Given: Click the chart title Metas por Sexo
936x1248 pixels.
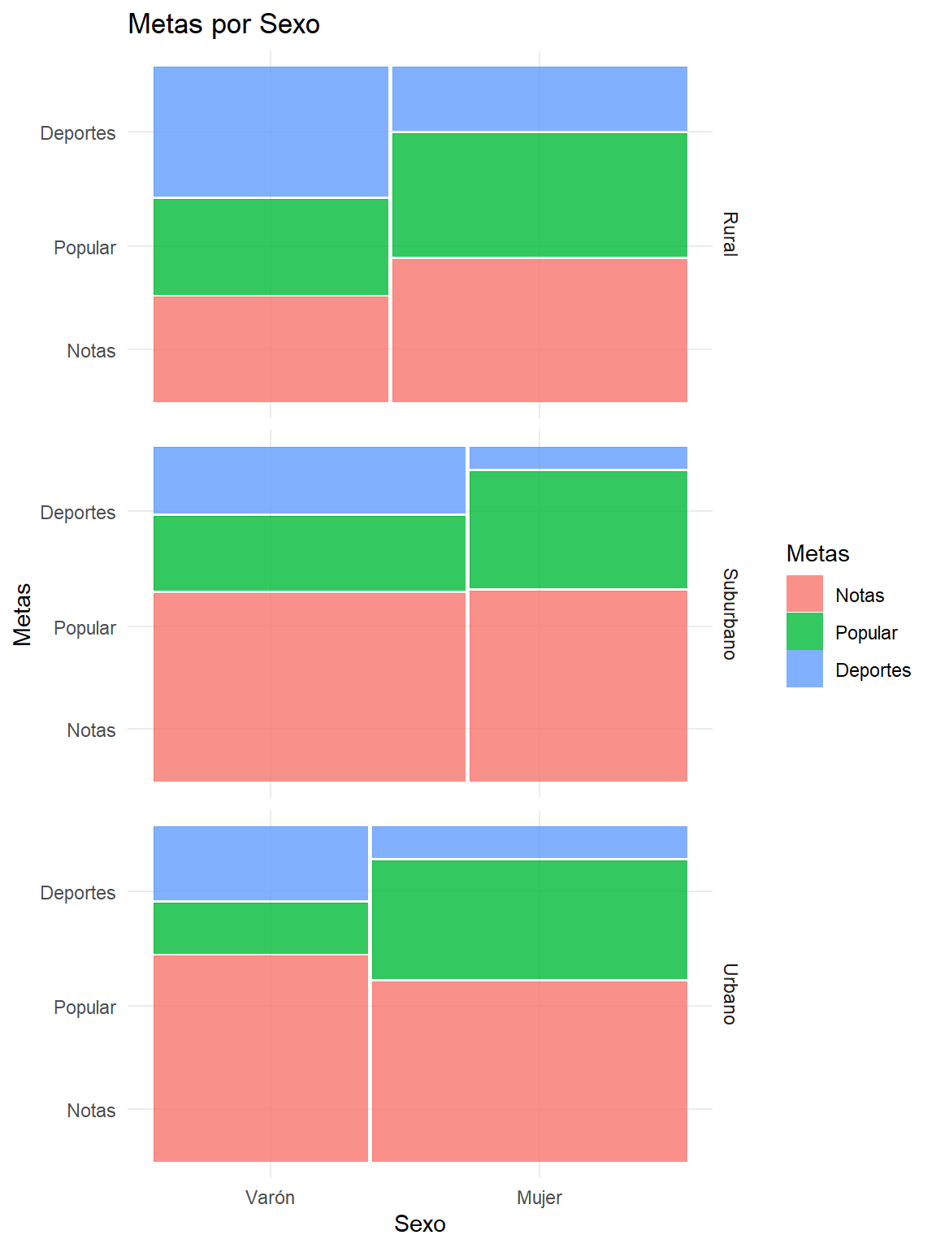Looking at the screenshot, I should click(223, 24).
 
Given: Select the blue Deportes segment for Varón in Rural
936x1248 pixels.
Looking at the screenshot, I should click(271, 131).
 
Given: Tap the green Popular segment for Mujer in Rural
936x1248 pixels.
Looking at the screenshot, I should click(539, 195).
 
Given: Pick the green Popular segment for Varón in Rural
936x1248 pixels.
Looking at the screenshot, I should click(271, 247).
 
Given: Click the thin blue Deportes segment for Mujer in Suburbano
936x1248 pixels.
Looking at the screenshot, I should click(578, 457).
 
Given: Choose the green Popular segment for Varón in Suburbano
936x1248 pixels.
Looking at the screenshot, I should click(310, 553).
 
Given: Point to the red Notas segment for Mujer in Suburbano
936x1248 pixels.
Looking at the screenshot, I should click(578, 686).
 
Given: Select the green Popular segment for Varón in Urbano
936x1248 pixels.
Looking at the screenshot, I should click(261, 928).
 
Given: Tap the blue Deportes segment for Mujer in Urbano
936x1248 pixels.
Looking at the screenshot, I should click(530, 842).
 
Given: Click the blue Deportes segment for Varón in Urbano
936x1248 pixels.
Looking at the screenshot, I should click(261, 863).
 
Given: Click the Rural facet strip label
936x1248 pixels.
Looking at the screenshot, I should click(730, 234).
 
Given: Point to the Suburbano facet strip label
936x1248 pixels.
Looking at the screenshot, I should click(730, 614).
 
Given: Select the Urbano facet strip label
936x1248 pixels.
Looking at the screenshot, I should click(730, 994).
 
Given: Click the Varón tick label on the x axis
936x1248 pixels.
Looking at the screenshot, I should click(271, 1198).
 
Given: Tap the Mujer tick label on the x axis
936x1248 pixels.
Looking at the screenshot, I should click(539, 1198).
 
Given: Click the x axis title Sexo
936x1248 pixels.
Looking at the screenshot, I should click(420, 1224).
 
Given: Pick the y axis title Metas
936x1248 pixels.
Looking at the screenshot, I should click(23, 614).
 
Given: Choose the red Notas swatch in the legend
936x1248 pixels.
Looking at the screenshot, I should click(804, 594).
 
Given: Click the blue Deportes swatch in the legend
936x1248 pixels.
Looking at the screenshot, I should click(804, 669).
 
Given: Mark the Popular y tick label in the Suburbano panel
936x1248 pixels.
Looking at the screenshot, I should click(84, 628).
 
